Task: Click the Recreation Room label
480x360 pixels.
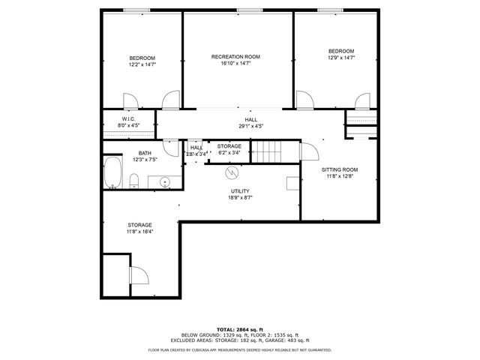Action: (x=235, y=57)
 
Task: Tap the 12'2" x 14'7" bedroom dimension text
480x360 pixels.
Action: (x=142, y=65)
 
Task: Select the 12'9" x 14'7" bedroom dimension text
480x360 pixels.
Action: (x=340, y=58)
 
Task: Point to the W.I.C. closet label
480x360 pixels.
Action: (x=127, y=119)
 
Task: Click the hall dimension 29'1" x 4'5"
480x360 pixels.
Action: (x=250, y=127)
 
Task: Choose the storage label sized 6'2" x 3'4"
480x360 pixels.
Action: (x=229, y=146)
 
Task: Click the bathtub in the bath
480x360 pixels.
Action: (x=114, y=173)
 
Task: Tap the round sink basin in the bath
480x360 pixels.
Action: (x=164, y=181)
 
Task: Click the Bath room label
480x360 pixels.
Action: (x=144, y=153)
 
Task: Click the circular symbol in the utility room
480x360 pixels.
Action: (x=231, y=172)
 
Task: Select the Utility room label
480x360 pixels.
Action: (x=240, y=191)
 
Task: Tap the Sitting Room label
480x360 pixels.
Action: (x=340, y=169)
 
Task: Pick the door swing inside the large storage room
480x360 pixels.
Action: (x=139, y=277)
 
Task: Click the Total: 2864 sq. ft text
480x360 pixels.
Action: (x=239, y=329)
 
